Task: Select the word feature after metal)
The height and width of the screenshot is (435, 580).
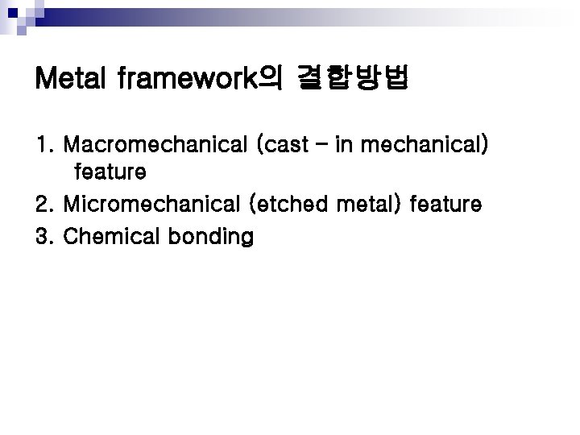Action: pos(446,205)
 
